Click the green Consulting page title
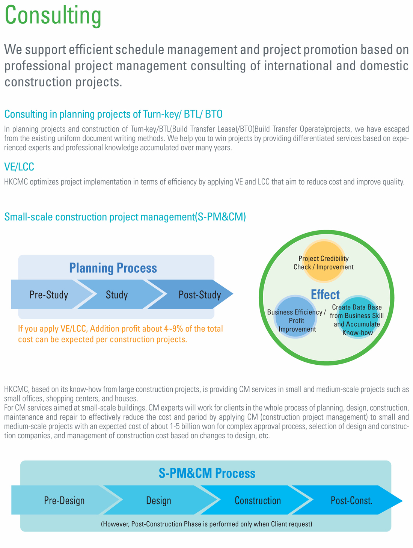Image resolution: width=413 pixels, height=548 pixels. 53,16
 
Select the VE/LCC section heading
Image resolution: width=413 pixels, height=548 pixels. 19,166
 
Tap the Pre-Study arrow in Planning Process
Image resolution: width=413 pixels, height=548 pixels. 51,294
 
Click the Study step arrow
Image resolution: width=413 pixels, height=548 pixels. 120,294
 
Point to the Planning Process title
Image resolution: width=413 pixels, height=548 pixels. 113,268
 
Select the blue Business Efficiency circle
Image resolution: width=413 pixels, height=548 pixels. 295,317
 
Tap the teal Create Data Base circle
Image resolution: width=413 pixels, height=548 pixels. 358,317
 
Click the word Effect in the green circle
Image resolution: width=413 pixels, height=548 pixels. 325,294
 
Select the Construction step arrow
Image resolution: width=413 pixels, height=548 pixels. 257,500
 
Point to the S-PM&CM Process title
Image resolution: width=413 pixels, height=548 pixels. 207,473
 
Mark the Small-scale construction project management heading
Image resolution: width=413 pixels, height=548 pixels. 125,216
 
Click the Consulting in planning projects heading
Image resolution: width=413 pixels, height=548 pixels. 113,114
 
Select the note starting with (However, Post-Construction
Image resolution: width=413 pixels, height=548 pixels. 206,524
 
